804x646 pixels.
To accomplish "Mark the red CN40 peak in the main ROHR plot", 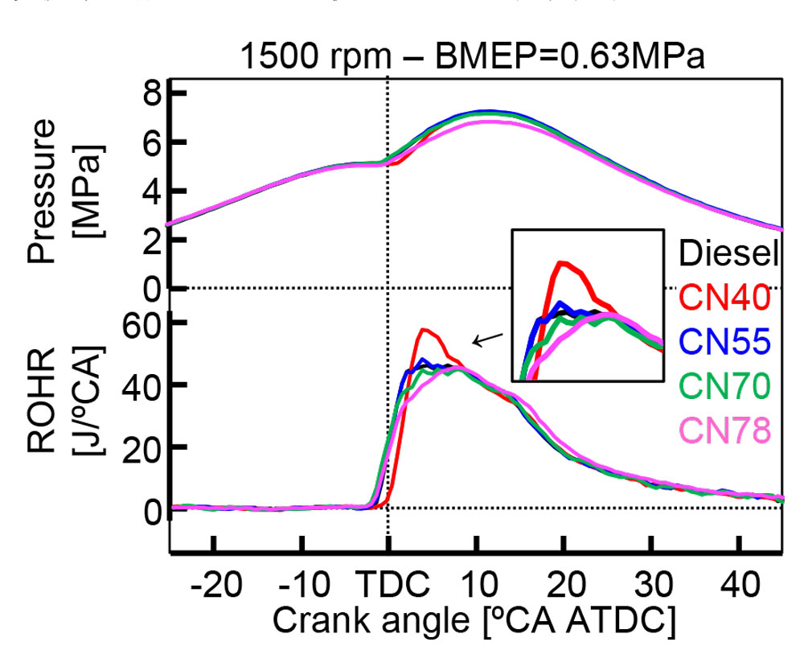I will pyautogui.click(x=424, y=330).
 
